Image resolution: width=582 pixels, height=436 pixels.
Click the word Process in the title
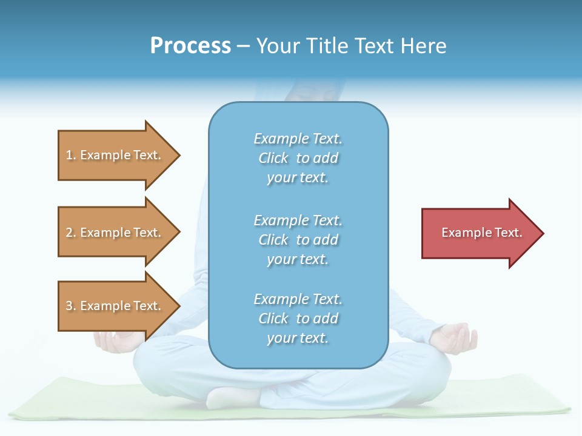[190, 46]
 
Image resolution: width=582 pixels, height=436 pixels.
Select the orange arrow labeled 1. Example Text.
[115, 155]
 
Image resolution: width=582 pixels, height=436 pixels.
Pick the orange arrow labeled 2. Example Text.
[115, 233]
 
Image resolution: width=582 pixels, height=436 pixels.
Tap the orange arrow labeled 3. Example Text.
[115, 306]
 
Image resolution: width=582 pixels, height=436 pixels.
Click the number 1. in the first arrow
[71, 156]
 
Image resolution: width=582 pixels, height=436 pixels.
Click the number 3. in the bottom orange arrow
[71, 306]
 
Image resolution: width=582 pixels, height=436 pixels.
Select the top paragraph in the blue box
[298, 158]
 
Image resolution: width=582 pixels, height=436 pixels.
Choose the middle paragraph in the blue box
[298, 240]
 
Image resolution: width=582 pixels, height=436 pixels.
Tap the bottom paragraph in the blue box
[298, 319]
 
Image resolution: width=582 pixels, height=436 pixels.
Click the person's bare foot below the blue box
[230, 397]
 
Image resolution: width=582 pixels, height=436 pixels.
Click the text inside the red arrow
[482, 233]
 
